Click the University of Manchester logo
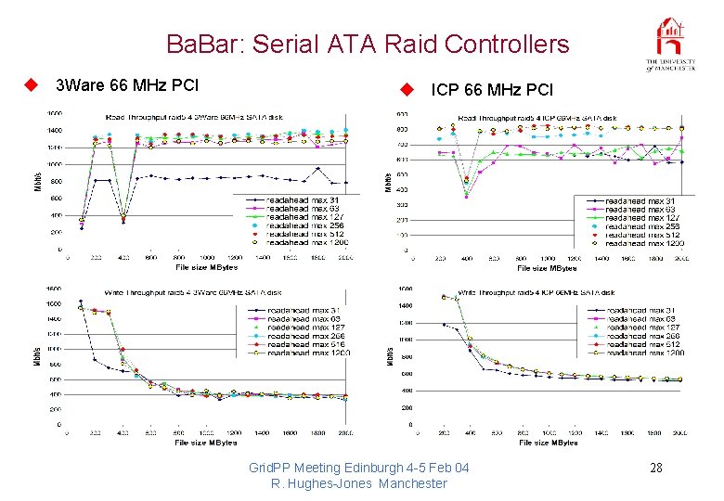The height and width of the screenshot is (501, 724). (x=671, y=45)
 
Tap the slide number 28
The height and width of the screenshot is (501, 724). (x=656, y=468)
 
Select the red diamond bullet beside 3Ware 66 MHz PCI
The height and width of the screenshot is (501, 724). (x=31, y=86)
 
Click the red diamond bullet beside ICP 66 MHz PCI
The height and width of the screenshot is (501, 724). (x=406, y=90)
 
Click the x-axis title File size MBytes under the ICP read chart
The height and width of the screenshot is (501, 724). (x=547, y=268)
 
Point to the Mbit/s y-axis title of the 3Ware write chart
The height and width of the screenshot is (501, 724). (x=37, y=356)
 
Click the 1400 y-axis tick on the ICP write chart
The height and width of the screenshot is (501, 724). (x=406, y=305)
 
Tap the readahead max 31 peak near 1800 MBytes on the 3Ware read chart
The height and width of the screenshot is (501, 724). (x=318, y=169)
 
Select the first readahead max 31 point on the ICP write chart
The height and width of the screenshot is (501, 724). (x=444, y=324)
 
